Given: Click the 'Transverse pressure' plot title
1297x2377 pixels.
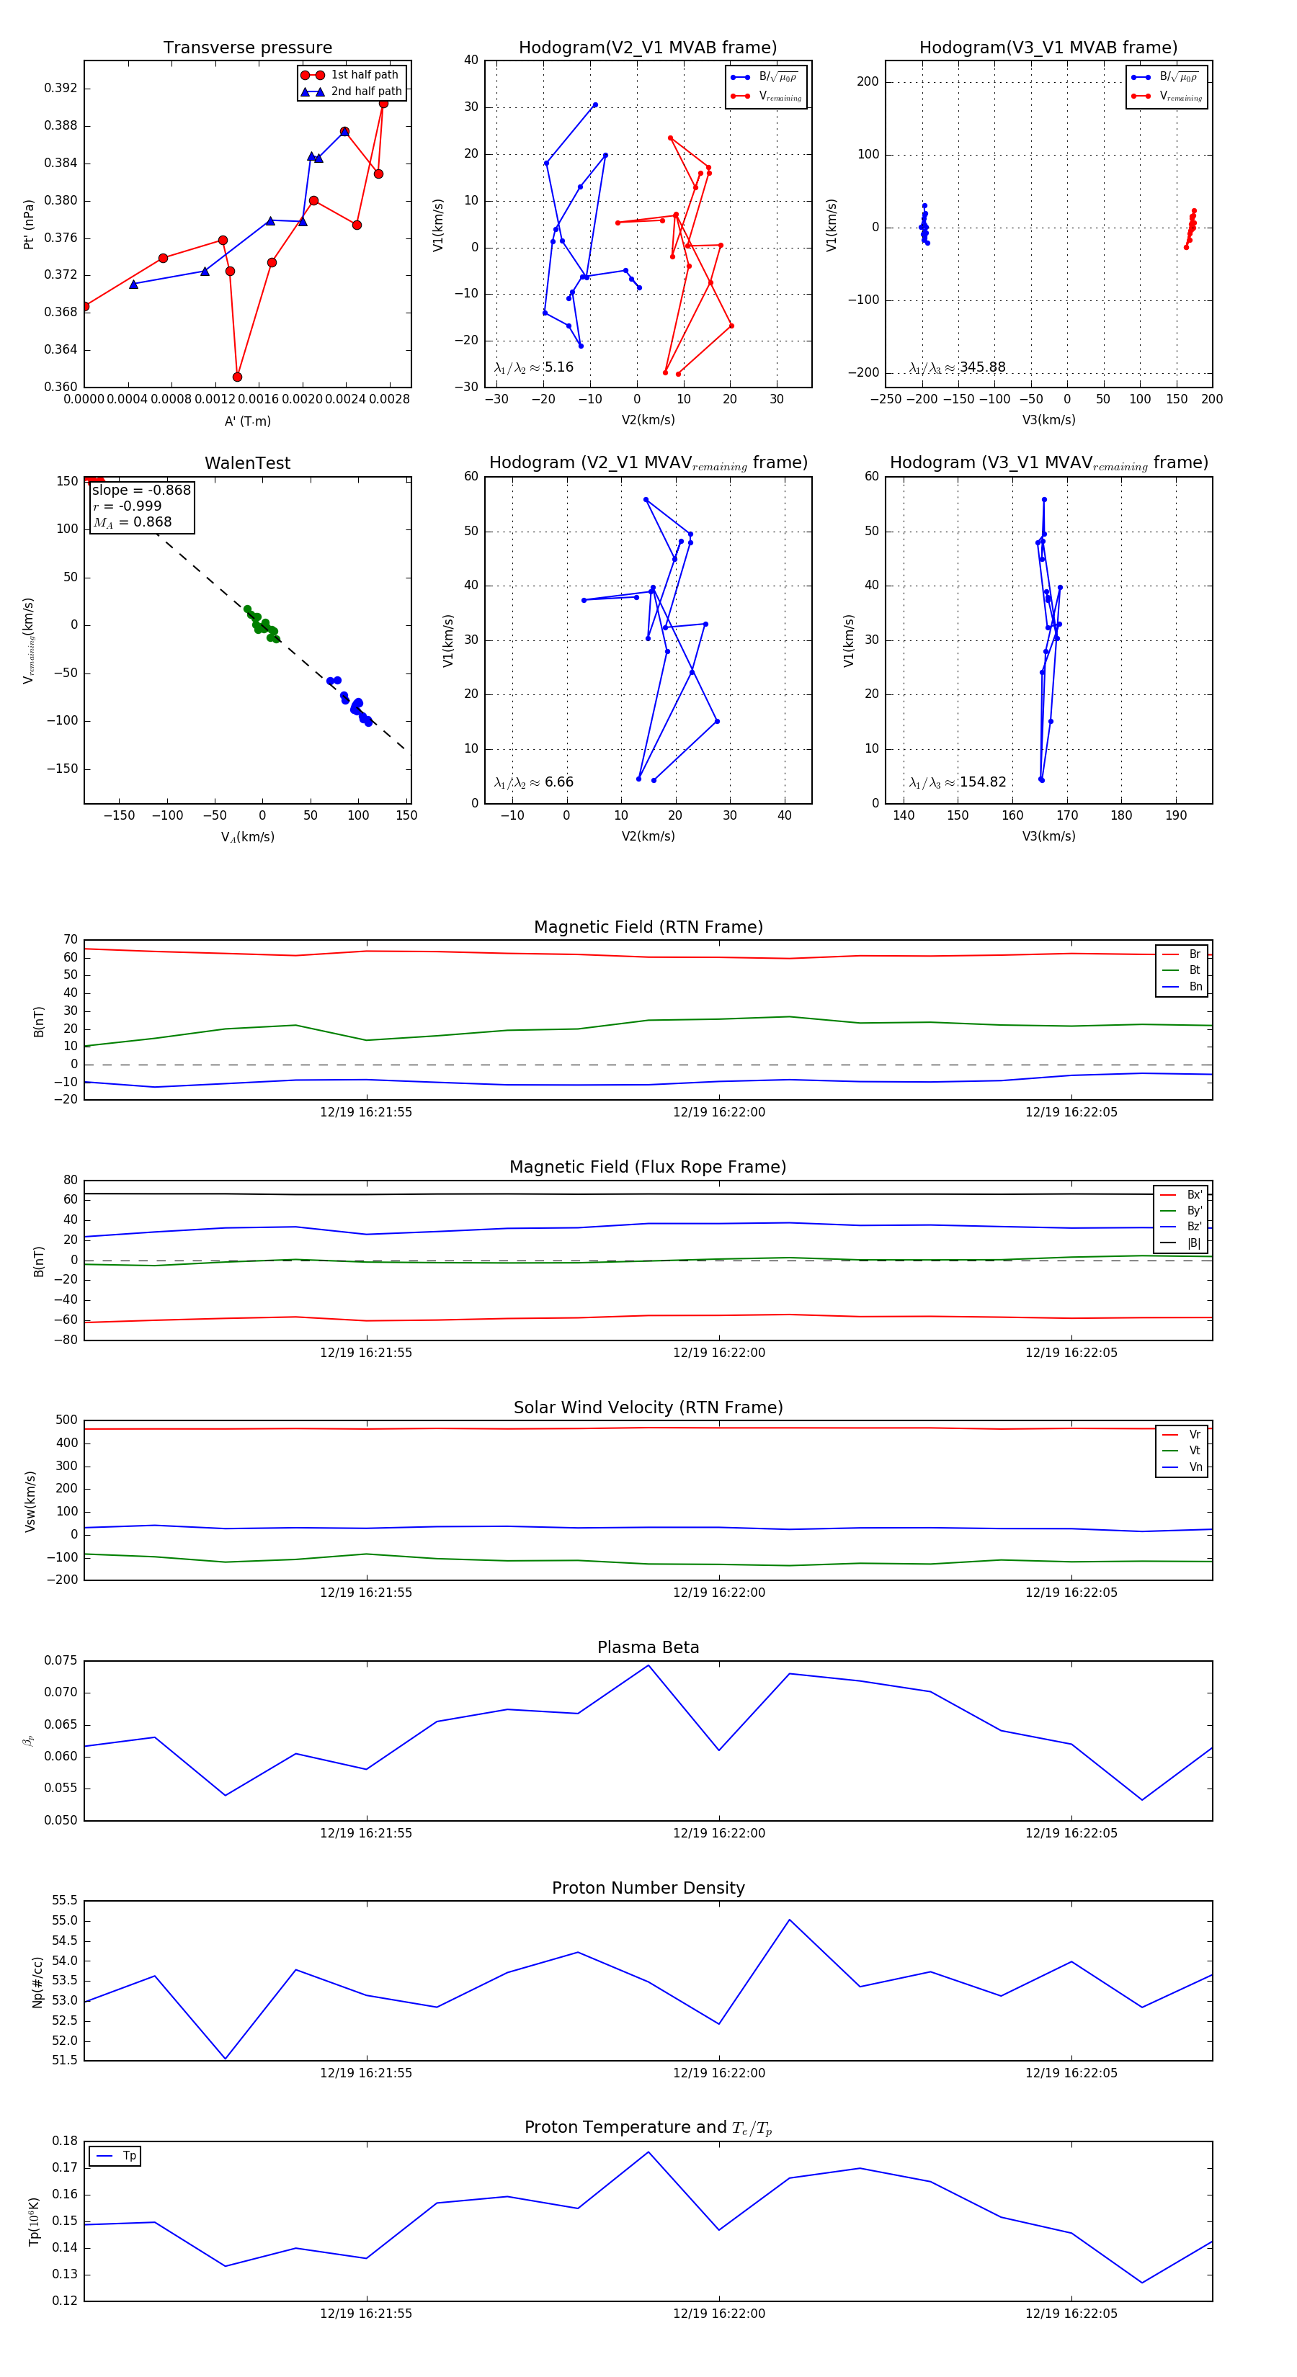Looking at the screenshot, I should coord(247,48).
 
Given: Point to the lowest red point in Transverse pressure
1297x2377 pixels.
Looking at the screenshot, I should coord(237,377).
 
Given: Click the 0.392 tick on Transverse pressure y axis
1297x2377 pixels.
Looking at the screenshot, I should coord(61,89).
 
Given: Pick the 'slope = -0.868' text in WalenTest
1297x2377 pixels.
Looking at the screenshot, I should coord(141,490).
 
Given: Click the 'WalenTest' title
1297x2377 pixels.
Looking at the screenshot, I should coord(247,463).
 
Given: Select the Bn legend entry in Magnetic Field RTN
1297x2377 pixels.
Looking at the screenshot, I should coord(1195,986).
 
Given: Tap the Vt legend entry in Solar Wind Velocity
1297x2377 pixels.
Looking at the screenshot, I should coord(1195,1451).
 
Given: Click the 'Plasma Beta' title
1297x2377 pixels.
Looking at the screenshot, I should coord(648,1647).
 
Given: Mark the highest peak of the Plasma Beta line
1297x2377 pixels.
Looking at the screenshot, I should coord(648,1665).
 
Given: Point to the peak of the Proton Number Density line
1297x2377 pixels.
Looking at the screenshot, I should coord(789,1920).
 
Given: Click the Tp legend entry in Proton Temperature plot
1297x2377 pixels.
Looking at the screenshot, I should coord(128,2156).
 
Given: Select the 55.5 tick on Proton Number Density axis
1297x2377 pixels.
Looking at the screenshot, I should coord(65,1901).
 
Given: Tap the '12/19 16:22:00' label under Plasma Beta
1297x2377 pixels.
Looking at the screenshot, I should coord(718,1832).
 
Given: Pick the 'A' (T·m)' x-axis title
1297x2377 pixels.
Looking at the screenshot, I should coord(247,421).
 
